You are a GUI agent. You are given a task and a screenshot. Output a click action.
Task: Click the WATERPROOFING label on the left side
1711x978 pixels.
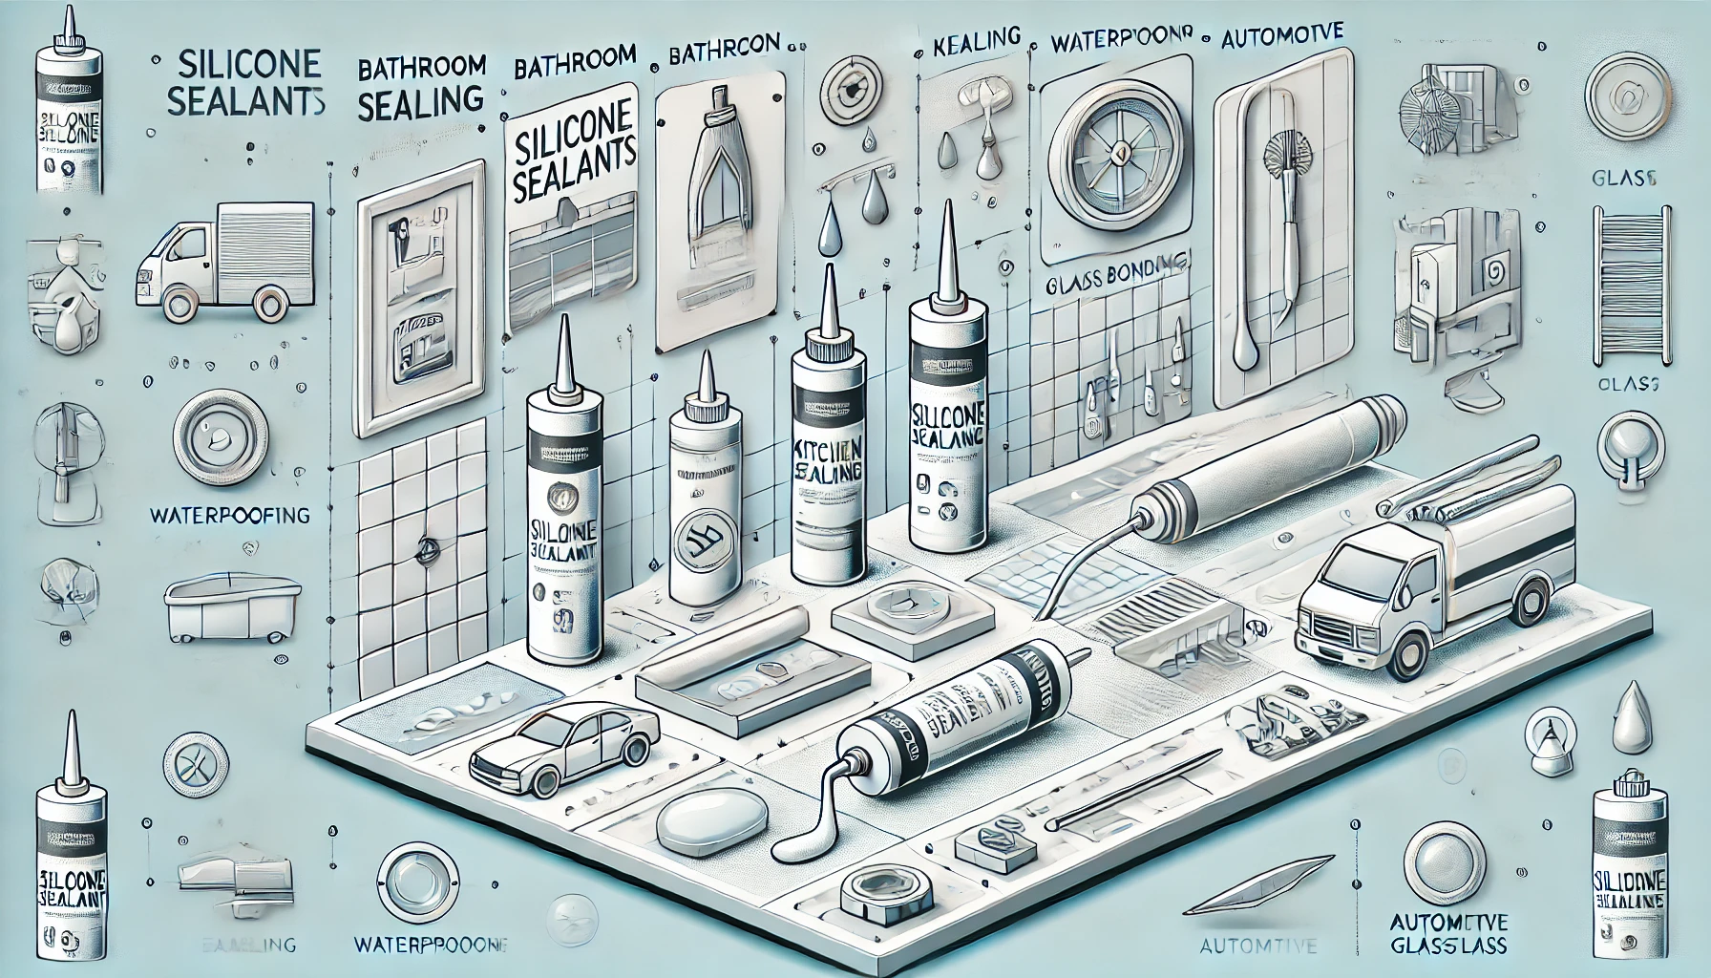point(229,515)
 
